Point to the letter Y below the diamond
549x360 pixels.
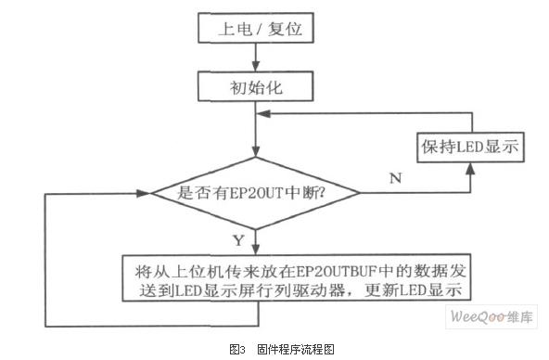tap(237, 241)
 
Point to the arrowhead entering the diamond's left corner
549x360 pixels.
tap(144, 193)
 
